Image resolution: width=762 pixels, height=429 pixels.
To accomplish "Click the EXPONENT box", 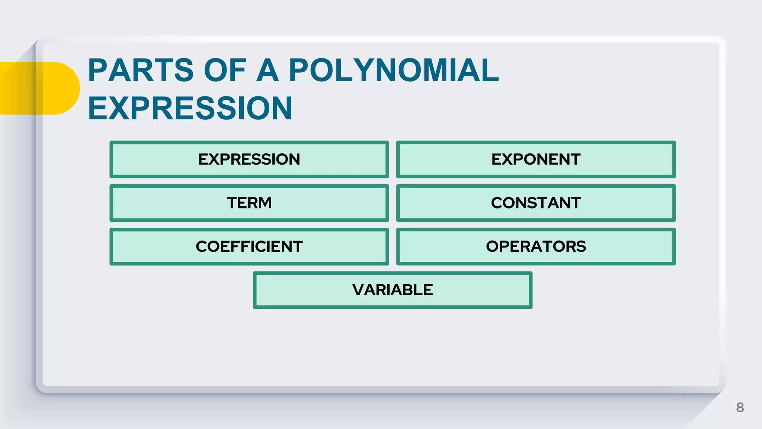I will (536, 159).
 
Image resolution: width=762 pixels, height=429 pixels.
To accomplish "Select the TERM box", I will (249, 203).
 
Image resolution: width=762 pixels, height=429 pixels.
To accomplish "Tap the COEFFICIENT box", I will (249, 247).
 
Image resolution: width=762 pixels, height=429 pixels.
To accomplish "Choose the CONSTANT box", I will (536, 203).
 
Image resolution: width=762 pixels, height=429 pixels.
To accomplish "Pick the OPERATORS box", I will (536, 247).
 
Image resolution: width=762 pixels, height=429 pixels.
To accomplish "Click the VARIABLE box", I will (393, 290).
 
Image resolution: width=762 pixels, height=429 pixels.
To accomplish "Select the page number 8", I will (740, 407).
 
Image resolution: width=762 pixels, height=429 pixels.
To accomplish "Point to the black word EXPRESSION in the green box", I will (249, 159).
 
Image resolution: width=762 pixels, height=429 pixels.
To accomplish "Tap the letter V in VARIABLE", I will (359, 290).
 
